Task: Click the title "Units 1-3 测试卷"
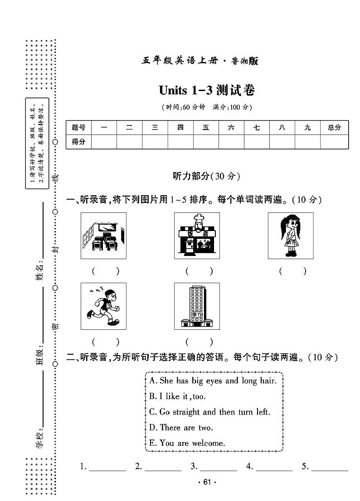pos(207,90)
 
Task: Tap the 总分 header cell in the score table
pos(334,128)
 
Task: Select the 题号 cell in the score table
pos(78,128)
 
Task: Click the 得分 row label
pos(78,142)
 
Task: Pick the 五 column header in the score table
pos(206,128)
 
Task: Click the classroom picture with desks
pos(103,236)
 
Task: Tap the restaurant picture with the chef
pos(197,236)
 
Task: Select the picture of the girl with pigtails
pos(290,236)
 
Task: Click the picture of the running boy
pos(103,306)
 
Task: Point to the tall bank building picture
pos(197,306)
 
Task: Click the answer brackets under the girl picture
pos(292,271)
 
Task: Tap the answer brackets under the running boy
pos(106,342)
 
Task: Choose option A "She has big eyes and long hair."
pos(213,381)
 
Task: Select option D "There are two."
pos(181,428)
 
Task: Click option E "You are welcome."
pos(187,443)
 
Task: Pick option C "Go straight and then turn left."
pos(209,412)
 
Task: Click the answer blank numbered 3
pos(218,467)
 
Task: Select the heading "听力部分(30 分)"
pos(206,176)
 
